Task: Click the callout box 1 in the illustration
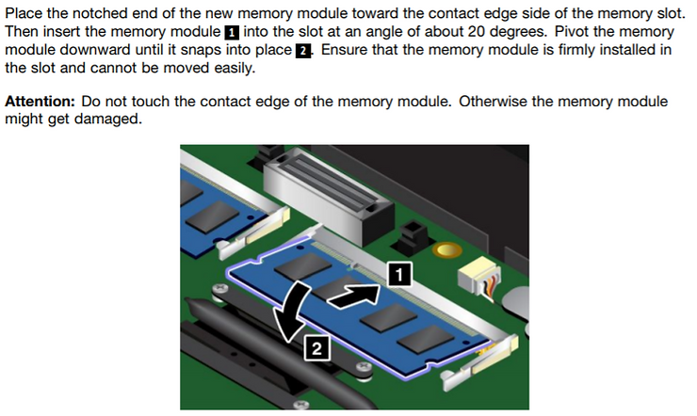398,274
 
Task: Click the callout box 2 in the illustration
317,348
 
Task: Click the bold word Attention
41,101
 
